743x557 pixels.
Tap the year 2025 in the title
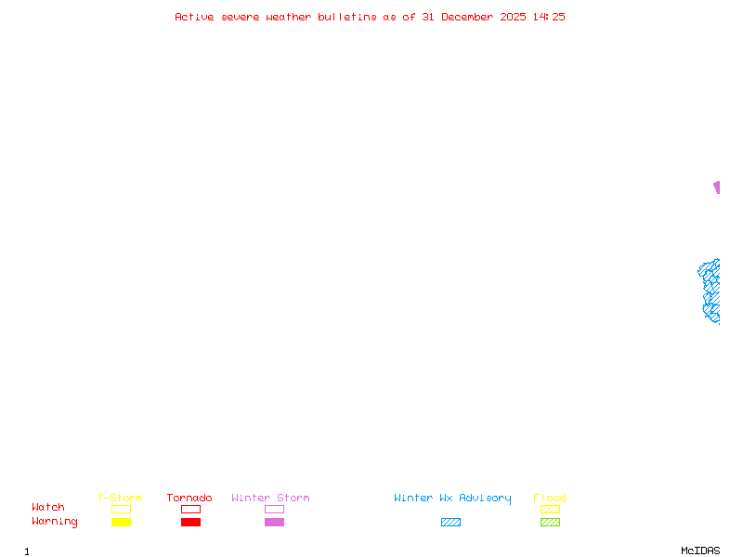click(514, 17)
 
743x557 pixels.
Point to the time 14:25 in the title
click(549, 17)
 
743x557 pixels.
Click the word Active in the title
click(195, 17)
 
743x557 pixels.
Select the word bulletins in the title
click(347, 17)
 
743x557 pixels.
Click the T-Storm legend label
click(120, 498)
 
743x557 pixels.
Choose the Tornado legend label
click(189, 498)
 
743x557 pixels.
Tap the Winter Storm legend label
click(270, 498)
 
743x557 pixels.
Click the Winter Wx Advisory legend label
click(452, 498)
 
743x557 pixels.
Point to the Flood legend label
click(550, 498)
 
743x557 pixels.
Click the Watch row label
click(48, 508)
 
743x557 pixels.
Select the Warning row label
click(55, 522)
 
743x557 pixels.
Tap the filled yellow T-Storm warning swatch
click(121, 522)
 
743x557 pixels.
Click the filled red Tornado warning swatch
click(190, 522)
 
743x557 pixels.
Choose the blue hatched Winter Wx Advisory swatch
click(450, 522)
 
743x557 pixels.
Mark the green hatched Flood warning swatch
click(550, 522)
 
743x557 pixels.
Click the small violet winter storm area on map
click(716, 187)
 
